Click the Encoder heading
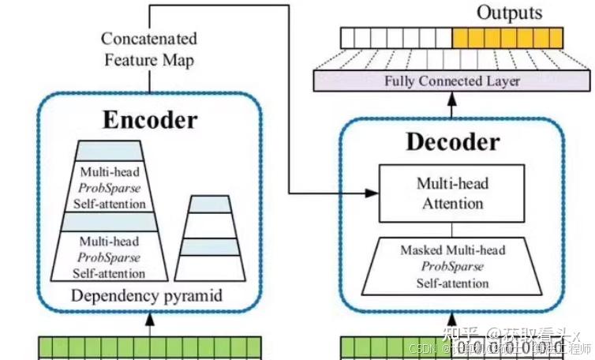tap(149, 120)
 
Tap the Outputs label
tap(510, 13)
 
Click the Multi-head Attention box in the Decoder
tap(451, 193)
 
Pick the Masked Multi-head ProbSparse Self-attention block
tap(452, 267)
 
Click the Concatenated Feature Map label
tap(148, 49)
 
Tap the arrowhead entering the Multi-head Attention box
tap(372, 193)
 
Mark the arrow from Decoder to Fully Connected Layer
tap(452, 99)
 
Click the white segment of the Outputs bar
tap(395, 37)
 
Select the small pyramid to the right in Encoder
tap(208, 237)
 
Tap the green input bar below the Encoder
tap(150, 347)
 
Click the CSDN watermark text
tap(427, 347)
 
